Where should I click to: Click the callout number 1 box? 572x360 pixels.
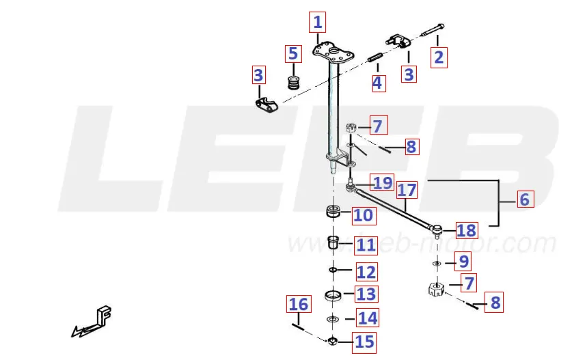pos(317,23)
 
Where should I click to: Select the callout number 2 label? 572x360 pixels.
pos(439,57)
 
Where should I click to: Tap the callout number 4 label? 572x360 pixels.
pos(378,83)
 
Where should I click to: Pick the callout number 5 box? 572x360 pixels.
pos(293,53)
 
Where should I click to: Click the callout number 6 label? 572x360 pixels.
pos(524,199)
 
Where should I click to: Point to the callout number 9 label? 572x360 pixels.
pos(464,261)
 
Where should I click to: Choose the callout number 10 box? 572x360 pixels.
pos(363,215)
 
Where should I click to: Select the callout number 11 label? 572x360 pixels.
pos(366,245)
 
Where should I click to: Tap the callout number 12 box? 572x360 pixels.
pos(366,272)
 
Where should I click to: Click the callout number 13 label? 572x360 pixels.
pos(366,294)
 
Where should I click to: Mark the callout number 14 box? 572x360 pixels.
pos(367,318)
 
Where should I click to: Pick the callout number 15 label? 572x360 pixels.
pos(364,341)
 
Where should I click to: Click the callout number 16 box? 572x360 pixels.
pos(298,304)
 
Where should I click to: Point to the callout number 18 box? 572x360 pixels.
pos(466,231)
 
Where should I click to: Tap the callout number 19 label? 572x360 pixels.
pos(383,182)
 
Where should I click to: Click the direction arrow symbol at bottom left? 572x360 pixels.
pos(93,323)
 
